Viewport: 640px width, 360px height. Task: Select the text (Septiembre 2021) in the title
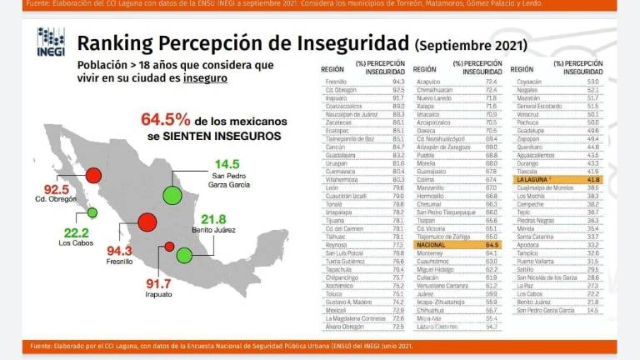[x=470, y=44]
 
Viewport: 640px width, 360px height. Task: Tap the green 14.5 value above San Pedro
[x=227, y=163]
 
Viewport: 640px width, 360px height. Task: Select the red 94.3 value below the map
[x=95, y=250]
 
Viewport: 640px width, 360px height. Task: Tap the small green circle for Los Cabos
[x=92, y=212]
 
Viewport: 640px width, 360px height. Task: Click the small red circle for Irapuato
[x=169, y=247]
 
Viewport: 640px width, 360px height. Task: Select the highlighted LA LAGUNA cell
[x=534, y=179]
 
